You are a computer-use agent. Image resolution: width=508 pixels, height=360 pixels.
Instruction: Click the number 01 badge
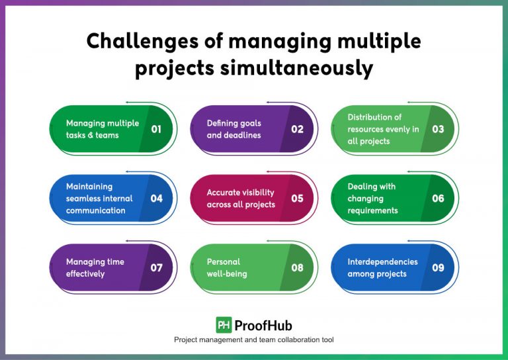[x=156, y=129]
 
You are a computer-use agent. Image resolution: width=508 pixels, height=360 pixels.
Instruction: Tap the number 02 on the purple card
[x=297, y=129]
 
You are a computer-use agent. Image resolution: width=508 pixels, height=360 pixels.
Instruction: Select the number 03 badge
[x=438, y=129]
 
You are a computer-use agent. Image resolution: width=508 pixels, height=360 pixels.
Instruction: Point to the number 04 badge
[x=156, y=198]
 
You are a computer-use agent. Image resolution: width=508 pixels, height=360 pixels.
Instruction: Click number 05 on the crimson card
[x=297, y=198]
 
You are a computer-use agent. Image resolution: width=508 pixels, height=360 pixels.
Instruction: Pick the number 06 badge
[x=438, y=198]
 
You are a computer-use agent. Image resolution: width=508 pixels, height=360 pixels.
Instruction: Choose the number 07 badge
[x=156, y=267]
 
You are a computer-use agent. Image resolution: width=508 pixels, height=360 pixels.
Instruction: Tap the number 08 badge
[x=297, y=267]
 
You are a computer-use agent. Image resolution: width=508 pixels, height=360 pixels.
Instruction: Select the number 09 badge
[x=438, y=267]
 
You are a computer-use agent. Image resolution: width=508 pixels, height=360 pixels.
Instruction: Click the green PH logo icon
[x=224, y=325]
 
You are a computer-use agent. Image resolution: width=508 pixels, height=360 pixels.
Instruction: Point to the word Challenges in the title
[x=139, y=41]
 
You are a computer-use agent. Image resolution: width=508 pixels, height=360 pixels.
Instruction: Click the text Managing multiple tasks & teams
[x=103, y=129]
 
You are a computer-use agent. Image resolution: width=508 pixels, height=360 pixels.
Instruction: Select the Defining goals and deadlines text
[x=234, y=129]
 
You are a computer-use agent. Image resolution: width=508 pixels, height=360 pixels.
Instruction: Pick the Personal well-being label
[x=227, y=267]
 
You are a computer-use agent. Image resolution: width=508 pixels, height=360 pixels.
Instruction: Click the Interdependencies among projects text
[x=382, y=267]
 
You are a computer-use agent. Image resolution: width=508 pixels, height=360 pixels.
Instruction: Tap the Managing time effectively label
[x=95, y=267]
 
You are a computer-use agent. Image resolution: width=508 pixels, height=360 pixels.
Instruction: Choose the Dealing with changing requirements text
[x=373, y=198]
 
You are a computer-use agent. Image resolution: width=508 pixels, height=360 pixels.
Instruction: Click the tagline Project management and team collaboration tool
[x=254, y=339]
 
